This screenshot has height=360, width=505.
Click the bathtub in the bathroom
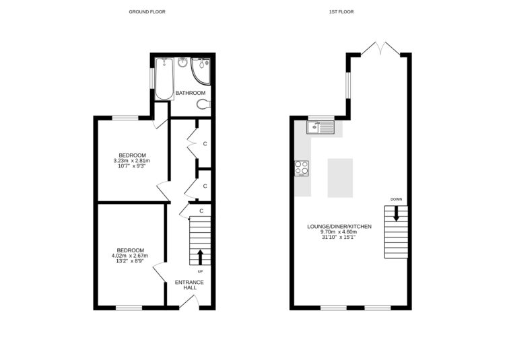click(x=164, y=78)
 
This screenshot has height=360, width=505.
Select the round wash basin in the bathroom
click(x=183, y=64)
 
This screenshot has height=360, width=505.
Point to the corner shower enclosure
click(x=202, y=69)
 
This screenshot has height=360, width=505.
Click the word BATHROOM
click(x=191, y=93)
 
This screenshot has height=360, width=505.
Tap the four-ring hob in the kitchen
click(x=301, y=167)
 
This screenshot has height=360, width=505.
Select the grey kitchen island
click(x=340, y=178)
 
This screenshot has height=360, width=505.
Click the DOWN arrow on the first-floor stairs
click(x=396, y=213)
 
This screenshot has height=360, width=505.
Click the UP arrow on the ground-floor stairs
click(x=200, y=256)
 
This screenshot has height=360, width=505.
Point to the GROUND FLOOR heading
click(x=147, y=11)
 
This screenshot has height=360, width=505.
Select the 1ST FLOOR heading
click(x=341, y=11)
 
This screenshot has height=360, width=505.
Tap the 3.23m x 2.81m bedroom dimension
click(x=131, y=161)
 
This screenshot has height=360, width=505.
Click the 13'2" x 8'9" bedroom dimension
click(x=131, y=261)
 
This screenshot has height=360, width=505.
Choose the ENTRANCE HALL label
click(x=189, y=285)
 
